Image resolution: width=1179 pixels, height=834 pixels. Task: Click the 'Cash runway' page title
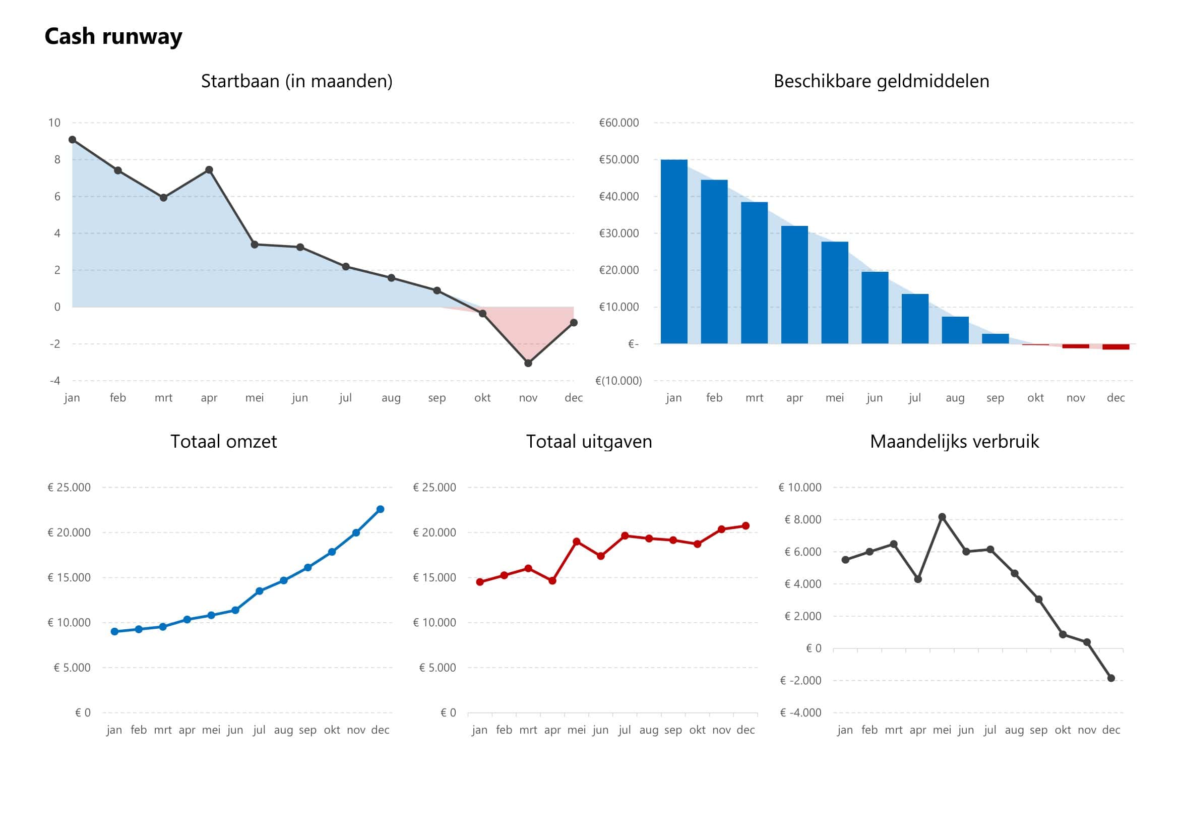tap(113, 37)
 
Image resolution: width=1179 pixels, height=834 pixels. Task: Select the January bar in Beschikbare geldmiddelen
tap(674, 252)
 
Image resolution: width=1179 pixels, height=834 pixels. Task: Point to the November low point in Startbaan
tap(528, 363)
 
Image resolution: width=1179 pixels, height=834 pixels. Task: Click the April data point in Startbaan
tap(209, 170)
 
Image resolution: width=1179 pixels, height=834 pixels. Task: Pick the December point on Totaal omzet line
tap(380, 509)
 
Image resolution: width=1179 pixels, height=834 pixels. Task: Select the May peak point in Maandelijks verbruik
tap(942, 517)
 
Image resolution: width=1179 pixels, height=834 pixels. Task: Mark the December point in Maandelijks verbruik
tap(1111, 678)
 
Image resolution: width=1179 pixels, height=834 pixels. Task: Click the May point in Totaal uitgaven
tap(576, 542)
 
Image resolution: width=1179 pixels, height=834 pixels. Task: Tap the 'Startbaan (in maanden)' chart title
tap(296, 81)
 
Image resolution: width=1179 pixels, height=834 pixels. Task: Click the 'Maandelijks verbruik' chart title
tap(954, 442)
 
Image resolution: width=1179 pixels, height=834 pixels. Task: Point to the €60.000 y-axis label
tap(619, 123)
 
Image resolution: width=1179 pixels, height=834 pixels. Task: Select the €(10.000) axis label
tap(618, 381)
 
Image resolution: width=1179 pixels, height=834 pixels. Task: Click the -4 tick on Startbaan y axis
tap(55, 381)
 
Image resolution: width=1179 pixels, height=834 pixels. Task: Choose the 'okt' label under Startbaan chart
tap(482, 398)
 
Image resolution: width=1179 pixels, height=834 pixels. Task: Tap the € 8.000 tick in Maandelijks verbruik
tap(802, 520)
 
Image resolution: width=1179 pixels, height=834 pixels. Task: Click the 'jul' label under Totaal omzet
tap(259, 730)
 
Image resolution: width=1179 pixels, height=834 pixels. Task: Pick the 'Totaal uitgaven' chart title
tap(588, 442)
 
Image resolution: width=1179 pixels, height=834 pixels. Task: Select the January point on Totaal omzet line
tap(114, 632)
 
